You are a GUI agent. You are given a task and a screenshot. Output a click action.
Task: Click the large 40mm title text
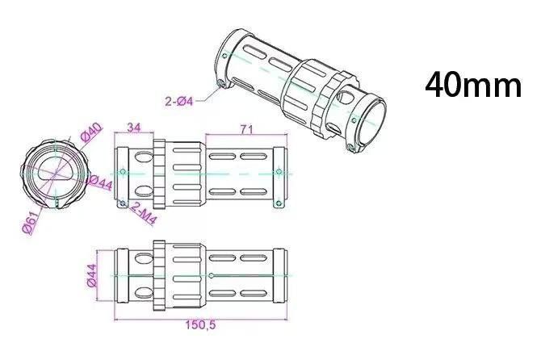coord(473,85)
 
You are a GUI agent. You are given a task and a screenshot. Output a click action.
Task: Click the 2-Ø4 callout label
coord(179,102)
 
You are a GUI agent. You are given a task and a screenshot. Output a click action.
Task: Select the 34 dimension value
coord(134,128)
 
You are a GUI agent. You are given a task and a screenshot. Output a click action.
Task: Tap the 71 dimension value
coord(247,129)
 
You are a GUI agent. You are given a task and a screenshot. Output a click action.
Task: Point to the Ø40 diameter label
coord(92,132)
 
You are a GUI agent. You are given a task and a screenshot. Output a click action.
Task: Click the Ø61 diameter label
coord(30,224)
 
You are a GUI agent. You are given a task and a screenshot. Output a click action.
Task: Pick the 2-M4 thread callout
coord(143,214)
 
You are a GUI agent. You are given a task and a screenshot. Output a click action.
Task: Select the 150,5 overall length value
coord(200,324)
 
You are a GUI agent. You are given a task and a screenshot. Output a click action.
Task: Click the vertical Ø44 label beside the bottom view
coord(92,275)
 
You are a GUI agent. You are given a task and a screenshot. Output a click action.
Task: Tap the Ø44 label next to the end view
coord(100,182)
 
